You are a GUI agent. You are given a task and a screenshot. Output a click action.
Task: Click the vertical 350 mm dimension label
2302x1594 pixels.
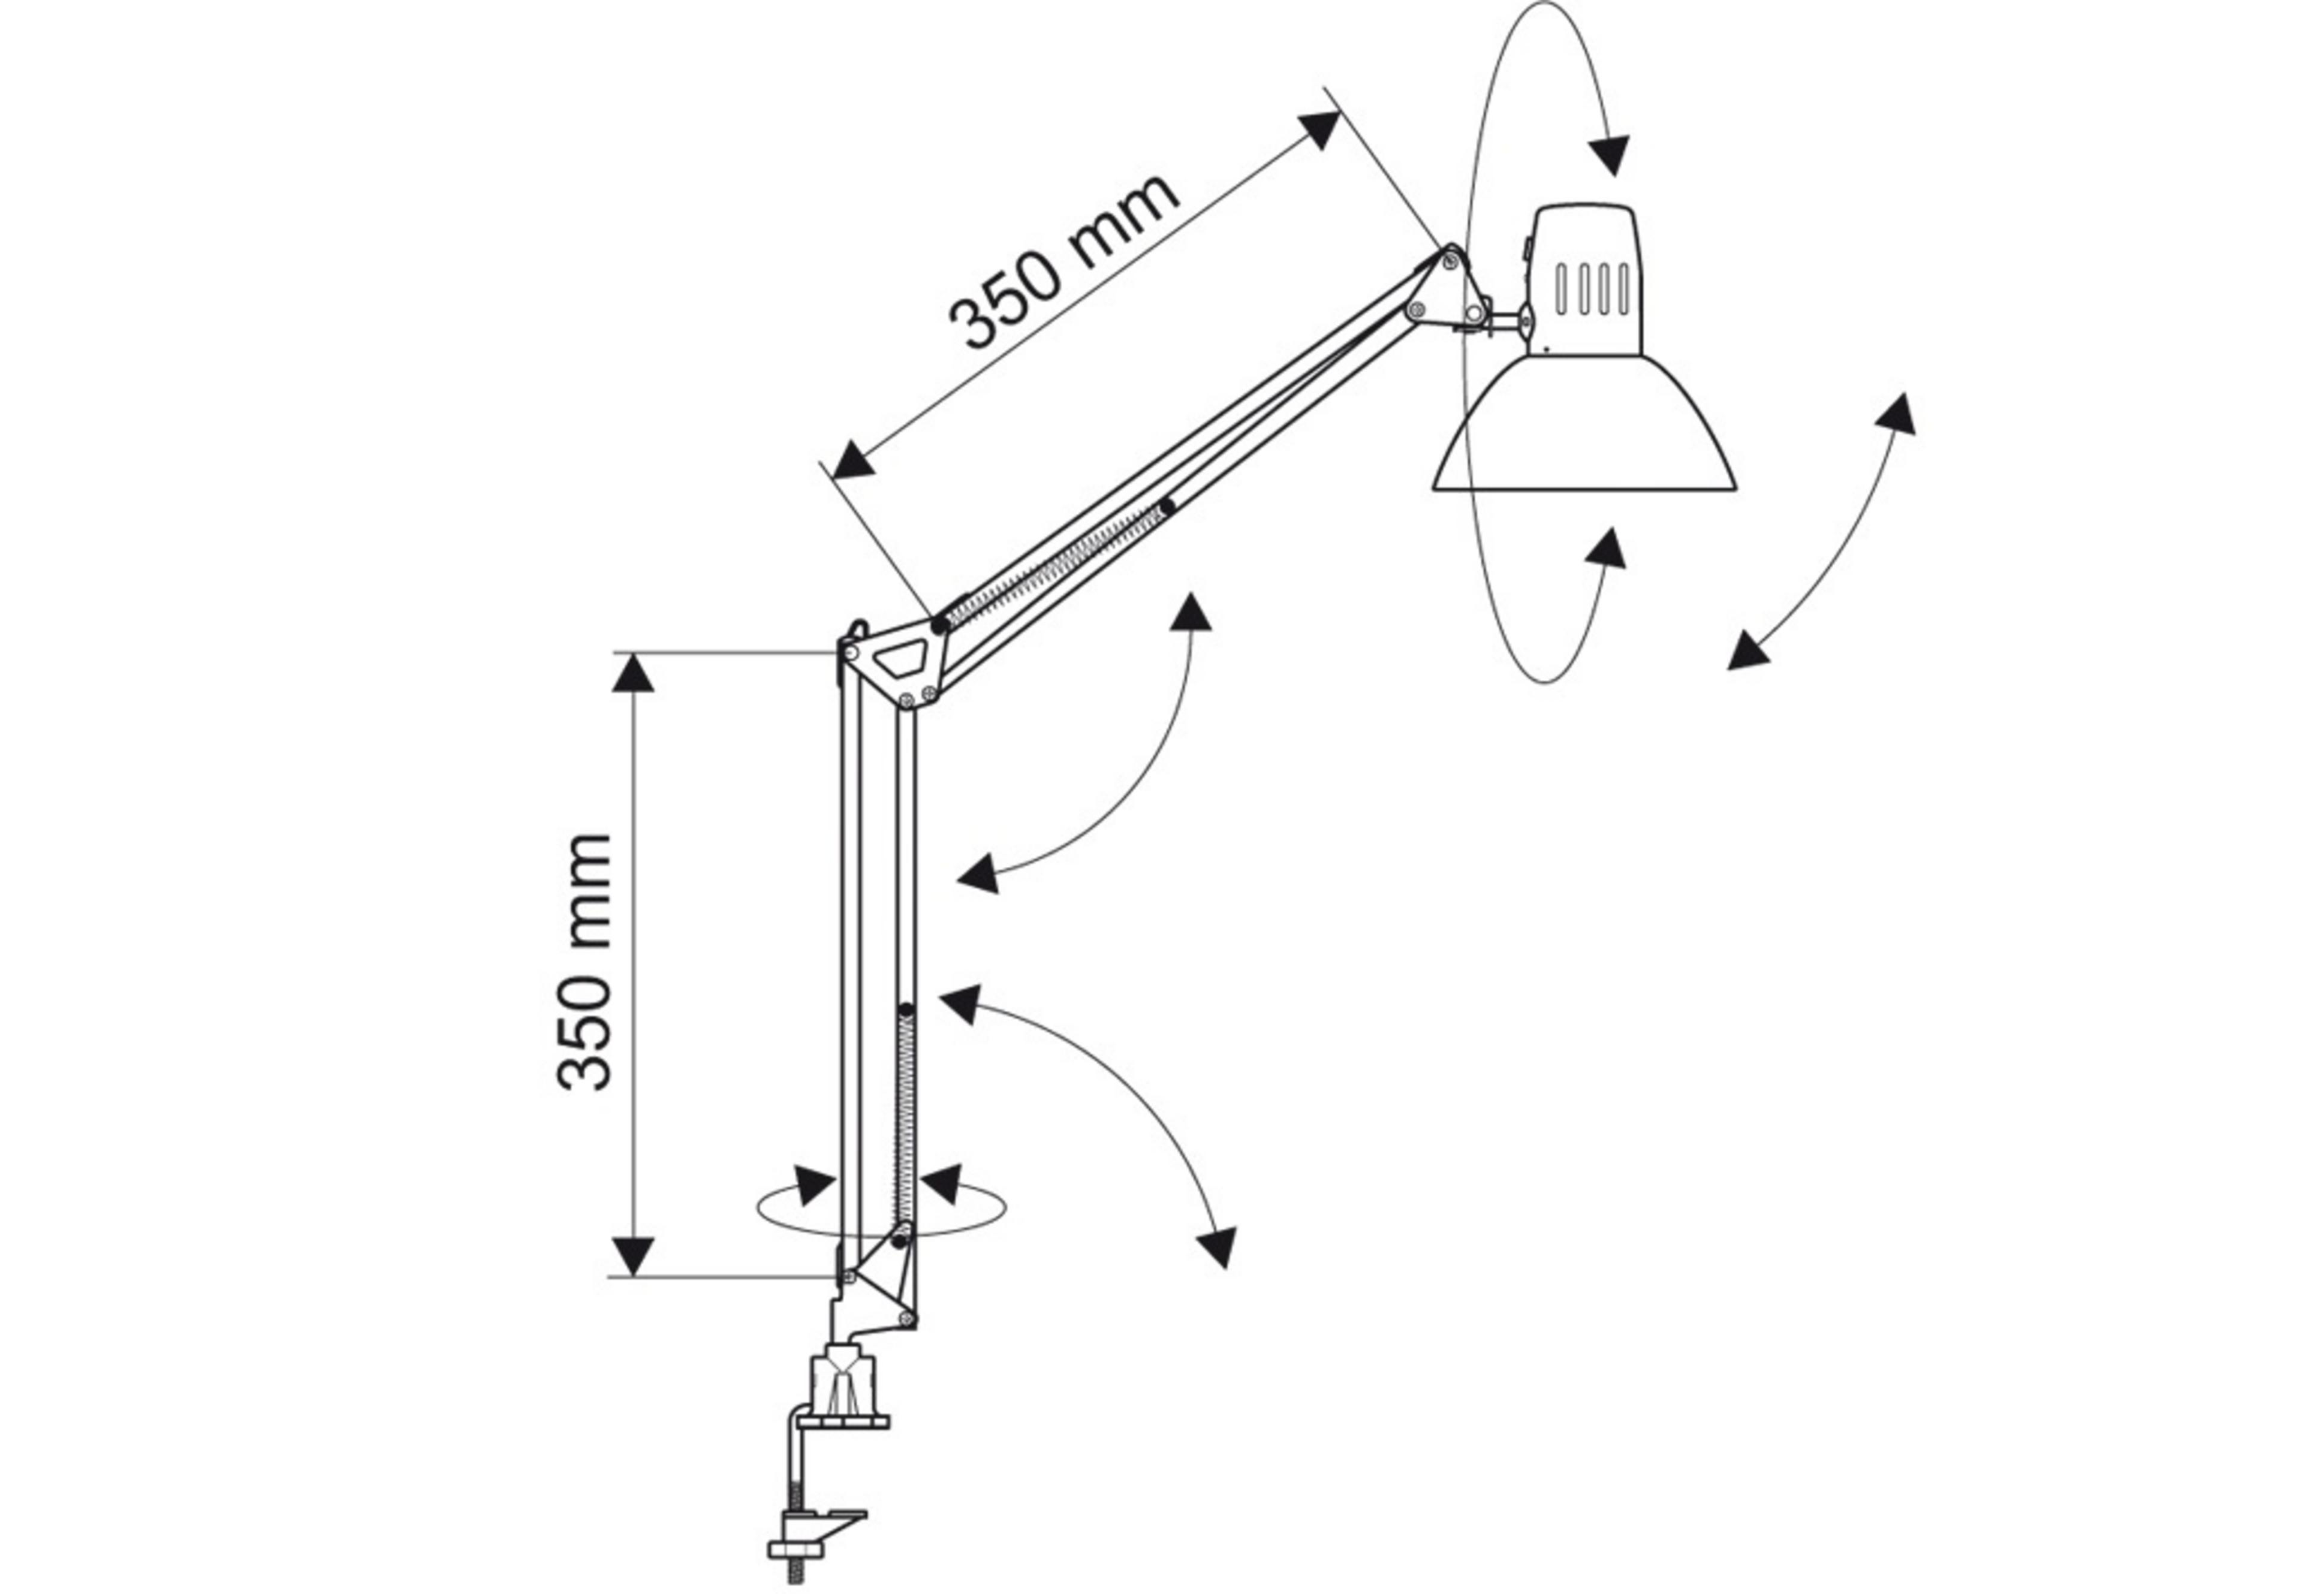click(x=584, y=961)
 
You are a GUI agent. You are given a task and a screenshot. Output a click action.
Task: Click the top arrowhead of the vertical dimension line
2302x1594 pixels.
click(x=633, y=674)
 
